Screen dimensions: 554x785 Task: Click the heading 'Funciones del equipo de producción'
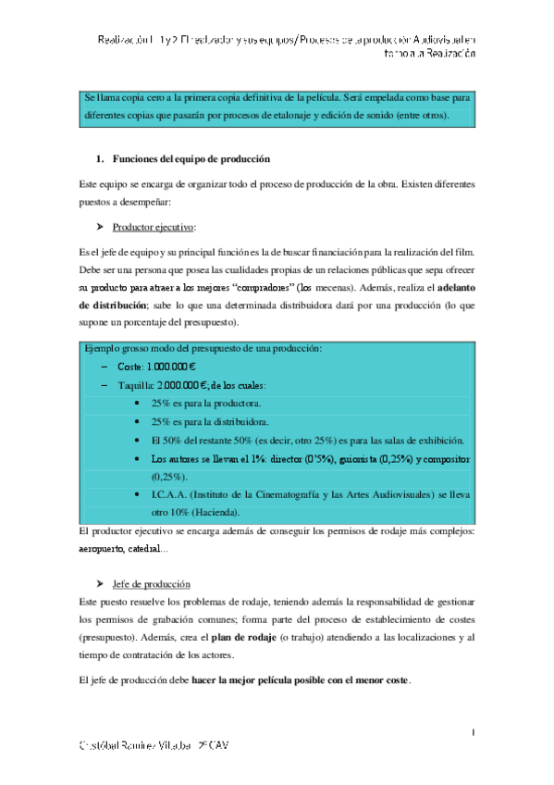(190, 159)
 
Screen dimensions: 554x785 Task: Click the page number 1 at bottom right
(473, 734)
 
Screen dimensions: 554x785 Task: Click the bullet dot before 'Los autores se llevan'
(137, 459)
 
